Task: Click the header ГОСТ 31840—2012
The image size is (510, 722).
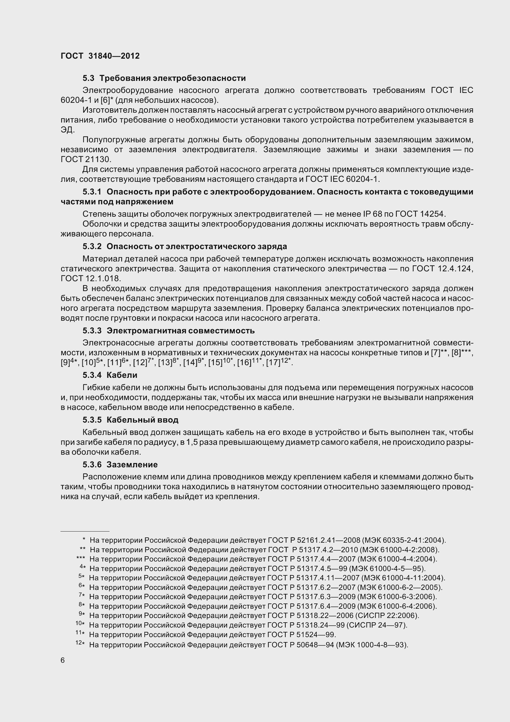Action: point(100,56)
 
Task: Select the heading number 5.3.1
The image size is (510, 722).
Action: point(92,192)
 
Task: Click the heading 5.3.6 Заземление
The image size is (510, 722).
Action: point(120,465)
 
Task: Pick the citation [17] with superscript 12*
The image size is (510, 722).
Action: point(279,362)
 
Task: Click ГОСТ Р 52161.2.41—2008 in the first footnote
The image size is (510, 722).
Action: point(314,540)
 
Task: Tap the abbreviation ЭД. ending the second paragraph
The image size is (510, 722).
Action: point(67,130)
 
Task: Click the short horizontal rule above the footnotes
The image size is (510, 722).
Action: point(85,531)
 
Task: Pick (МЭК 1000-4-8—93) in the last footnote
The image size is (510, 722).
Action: point(372,645)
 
